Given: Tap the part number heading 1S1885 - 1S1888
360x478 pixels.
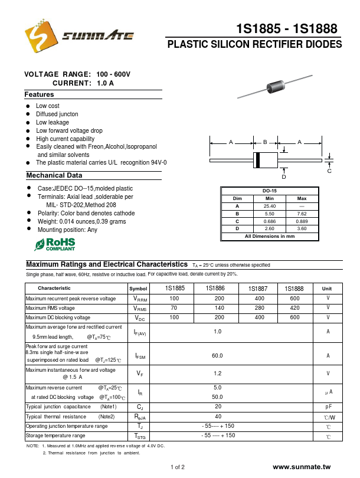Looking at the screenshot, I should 287,29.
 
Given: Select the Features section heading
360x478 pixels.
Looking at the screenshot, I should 39,94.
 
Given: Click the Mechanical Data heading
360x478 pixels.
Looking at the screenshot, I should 54,175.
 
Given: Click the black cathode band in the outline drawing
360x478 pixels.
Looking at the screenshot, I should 257,160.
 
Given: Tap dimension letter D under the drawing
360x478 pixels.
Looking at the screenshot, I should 284,177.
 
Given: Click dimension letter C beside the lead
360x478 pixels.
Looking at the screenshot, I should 329,171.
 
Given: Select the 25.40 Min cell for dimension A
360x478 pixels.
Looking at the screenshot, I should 269,206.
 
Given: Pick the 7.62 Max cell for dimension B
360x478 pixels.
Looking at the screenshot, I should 302,214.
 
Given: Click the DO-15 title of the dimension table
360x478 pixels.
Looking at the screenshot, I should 269,191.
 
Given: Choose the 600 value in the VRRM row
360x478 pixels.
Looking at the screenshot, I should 294,299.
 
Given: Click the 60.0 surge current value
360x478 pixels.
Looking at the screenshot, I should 218,355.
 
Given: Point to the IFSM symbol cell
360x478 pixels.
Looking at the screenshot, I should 140,356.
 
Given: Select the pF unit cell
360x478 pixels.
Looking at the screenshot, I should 328,407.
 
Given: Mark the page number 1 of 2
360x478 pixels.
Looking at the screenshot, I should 178,467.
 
